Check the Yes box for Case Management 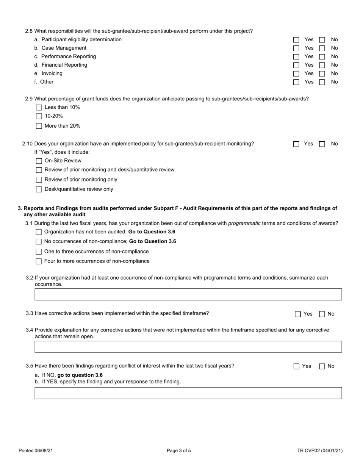point(296,48)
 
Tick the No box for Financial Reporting point(322,65)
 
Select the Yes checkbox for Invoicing point(296,73)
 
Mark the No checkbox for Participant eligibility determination point(322,40)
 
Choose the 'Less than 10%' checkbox point(39,108)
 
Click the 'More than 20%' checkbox point(39,126)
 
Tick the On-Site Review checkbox point(39,161)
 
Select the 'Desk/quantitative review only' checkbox point(39,189)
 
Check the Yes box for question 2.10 point(296,144)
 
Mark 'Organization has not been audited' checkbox point(39,232)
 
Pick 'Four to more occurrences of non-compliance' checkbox point(39,261)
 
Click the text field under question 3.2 point(188,294)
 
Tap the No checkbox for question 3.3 point(322,314)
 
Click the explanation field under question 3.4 point(188,347)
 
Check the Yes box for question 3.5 point(296,366)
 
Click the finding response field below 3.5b point(188,393)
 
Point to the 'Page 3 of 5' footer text point(179,451)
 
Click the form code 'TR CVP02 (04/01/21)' point(320,451)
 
